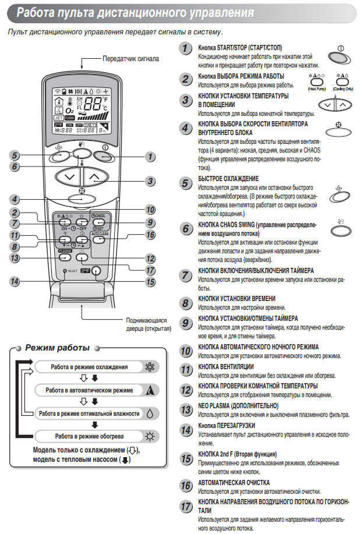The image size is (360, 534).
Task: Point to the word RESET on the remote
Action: [x=73, y=271]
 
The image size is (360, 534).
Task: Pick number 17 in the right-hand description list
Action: [x=185, y=506]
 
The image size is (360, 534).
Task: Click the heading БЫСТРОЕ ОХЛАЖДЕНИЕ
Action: [x=228, y=178]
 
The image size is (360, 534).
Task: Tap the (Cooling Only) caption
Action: [x=344, y=89]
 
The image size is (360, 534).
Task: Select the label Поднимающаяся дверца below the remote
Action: [x=147, y=320]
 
